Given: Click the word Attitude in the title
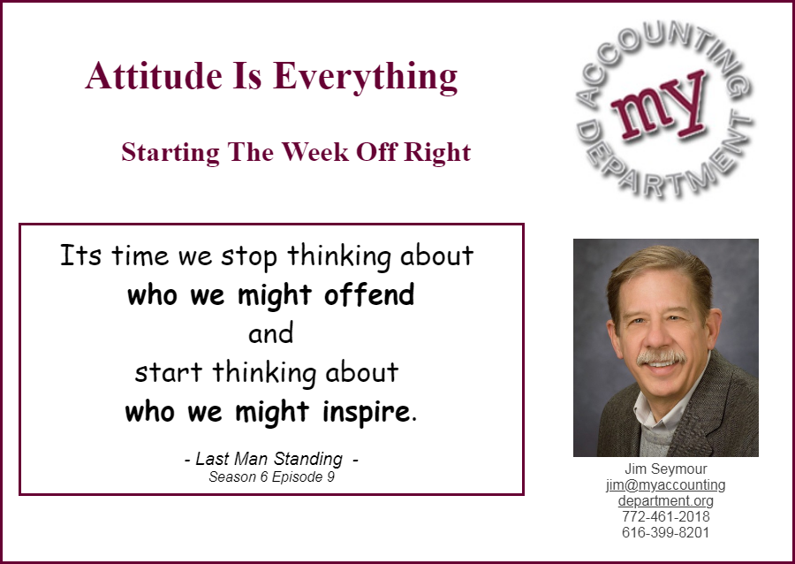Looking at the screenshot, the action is click(x=154, y=75).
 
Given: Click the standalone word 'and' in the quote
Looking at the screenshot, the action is click(x=271, y=334).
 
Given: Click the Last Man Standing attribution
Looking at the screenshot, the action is click(x=269, y=459).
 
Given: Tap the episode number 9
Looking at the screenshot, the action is click(x=330, y=476).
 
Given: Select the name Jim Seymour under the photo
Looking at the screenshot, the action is click(x=666, y=469).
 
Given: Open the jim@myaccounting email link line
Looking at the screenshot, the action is click(x=666, y=484).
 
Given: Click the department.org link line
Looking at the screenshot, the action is click(x=666, y=501).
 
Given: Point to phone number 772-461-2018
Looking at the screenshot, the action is click(x=666, y=516).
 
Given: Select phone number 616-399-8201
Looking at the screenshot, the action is click(x=666, y=532).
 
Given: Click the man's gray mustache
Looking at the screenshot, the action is click(x=661, y=356).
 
